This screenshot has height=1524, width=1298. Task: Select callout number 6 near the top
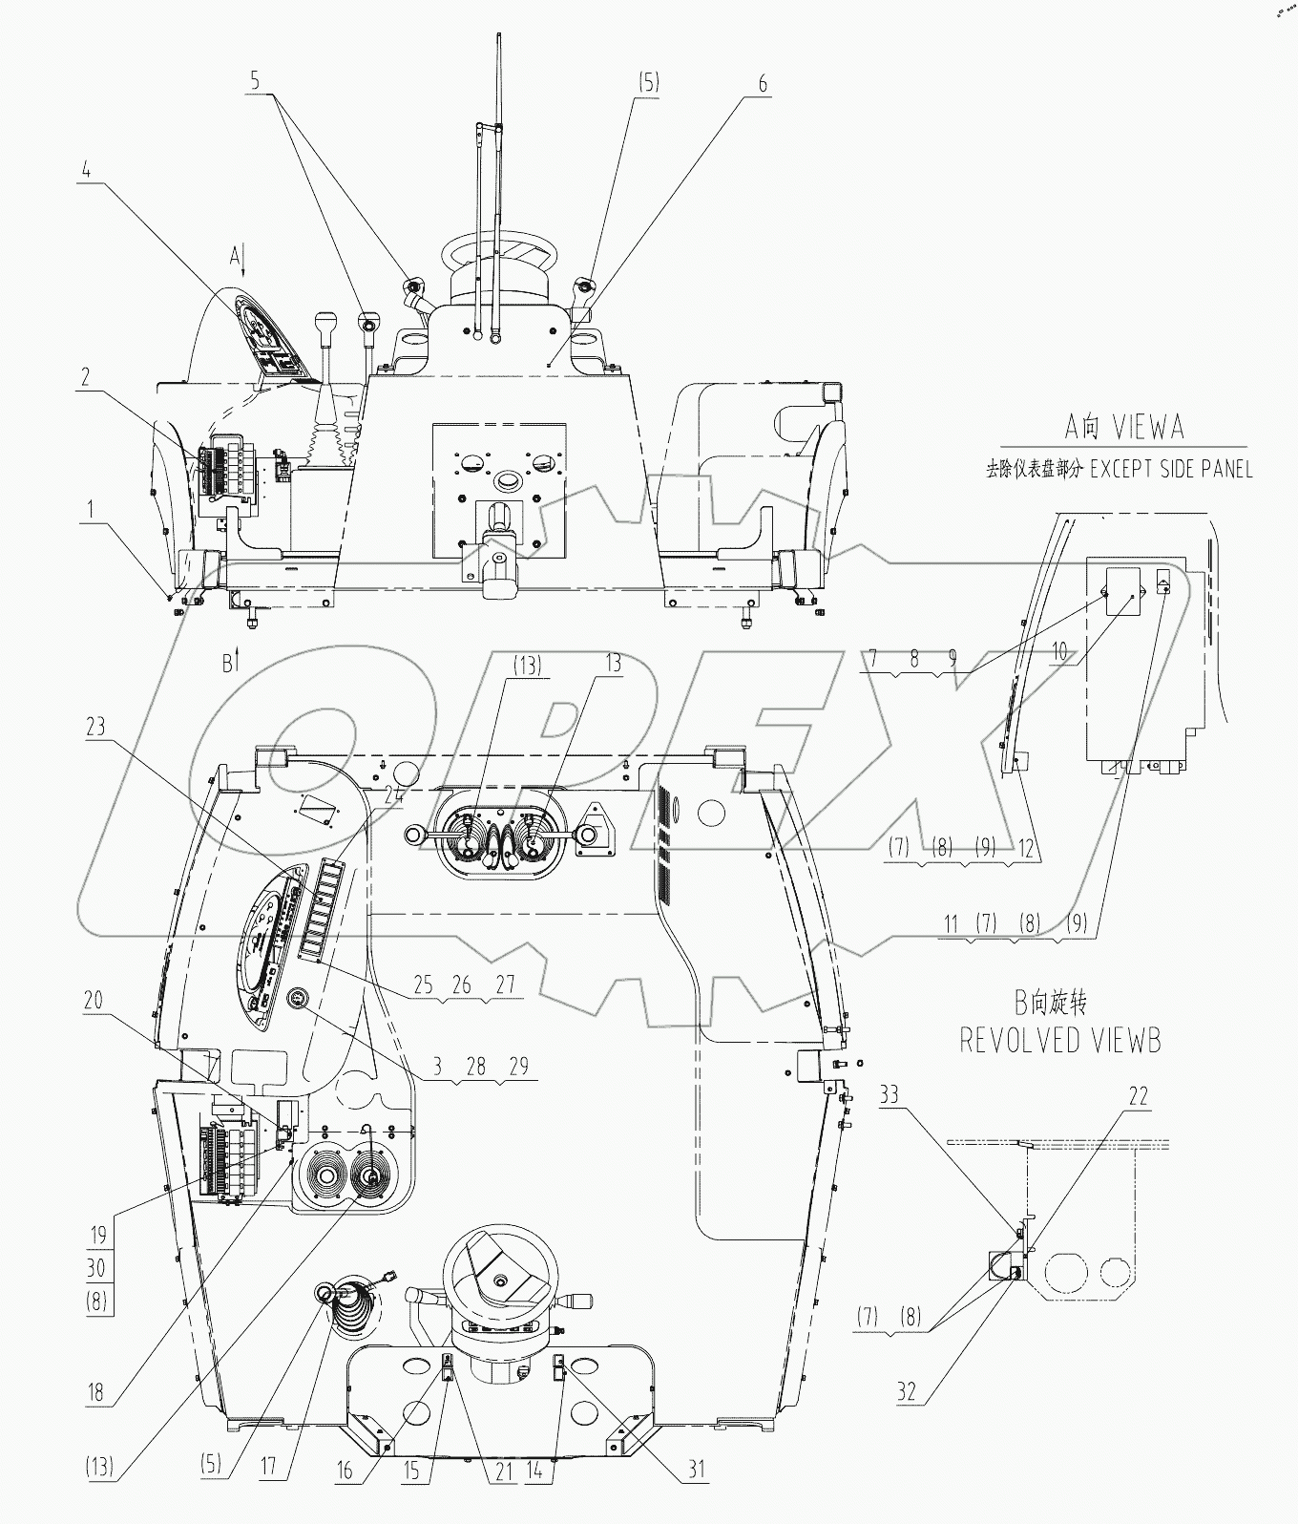tap(763, 83)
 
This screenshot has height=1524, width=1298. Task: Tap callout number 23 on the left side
tap(95, 727)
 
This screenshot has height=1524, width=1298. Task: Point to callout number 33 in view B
tap(890, 1093)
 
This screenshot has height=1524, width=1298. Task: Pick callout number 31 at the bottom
tap(698, 1468)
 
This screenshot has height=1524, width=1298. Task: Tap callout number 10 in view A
tap(1059, 652)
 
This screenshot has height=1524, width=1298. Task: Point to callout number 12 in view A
tap(1025, 847)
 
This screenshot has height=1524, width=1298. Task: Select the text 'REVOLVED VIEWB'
tap(1059, 1039)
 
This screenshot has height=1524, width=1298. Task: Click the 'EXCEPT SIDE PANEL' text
tap(1172, 469)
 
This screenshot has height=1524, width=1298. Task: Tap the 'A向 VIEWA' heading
tap(1122, 426)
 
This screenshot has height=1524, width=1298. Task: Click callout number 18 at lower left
tap(95, 1391)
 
